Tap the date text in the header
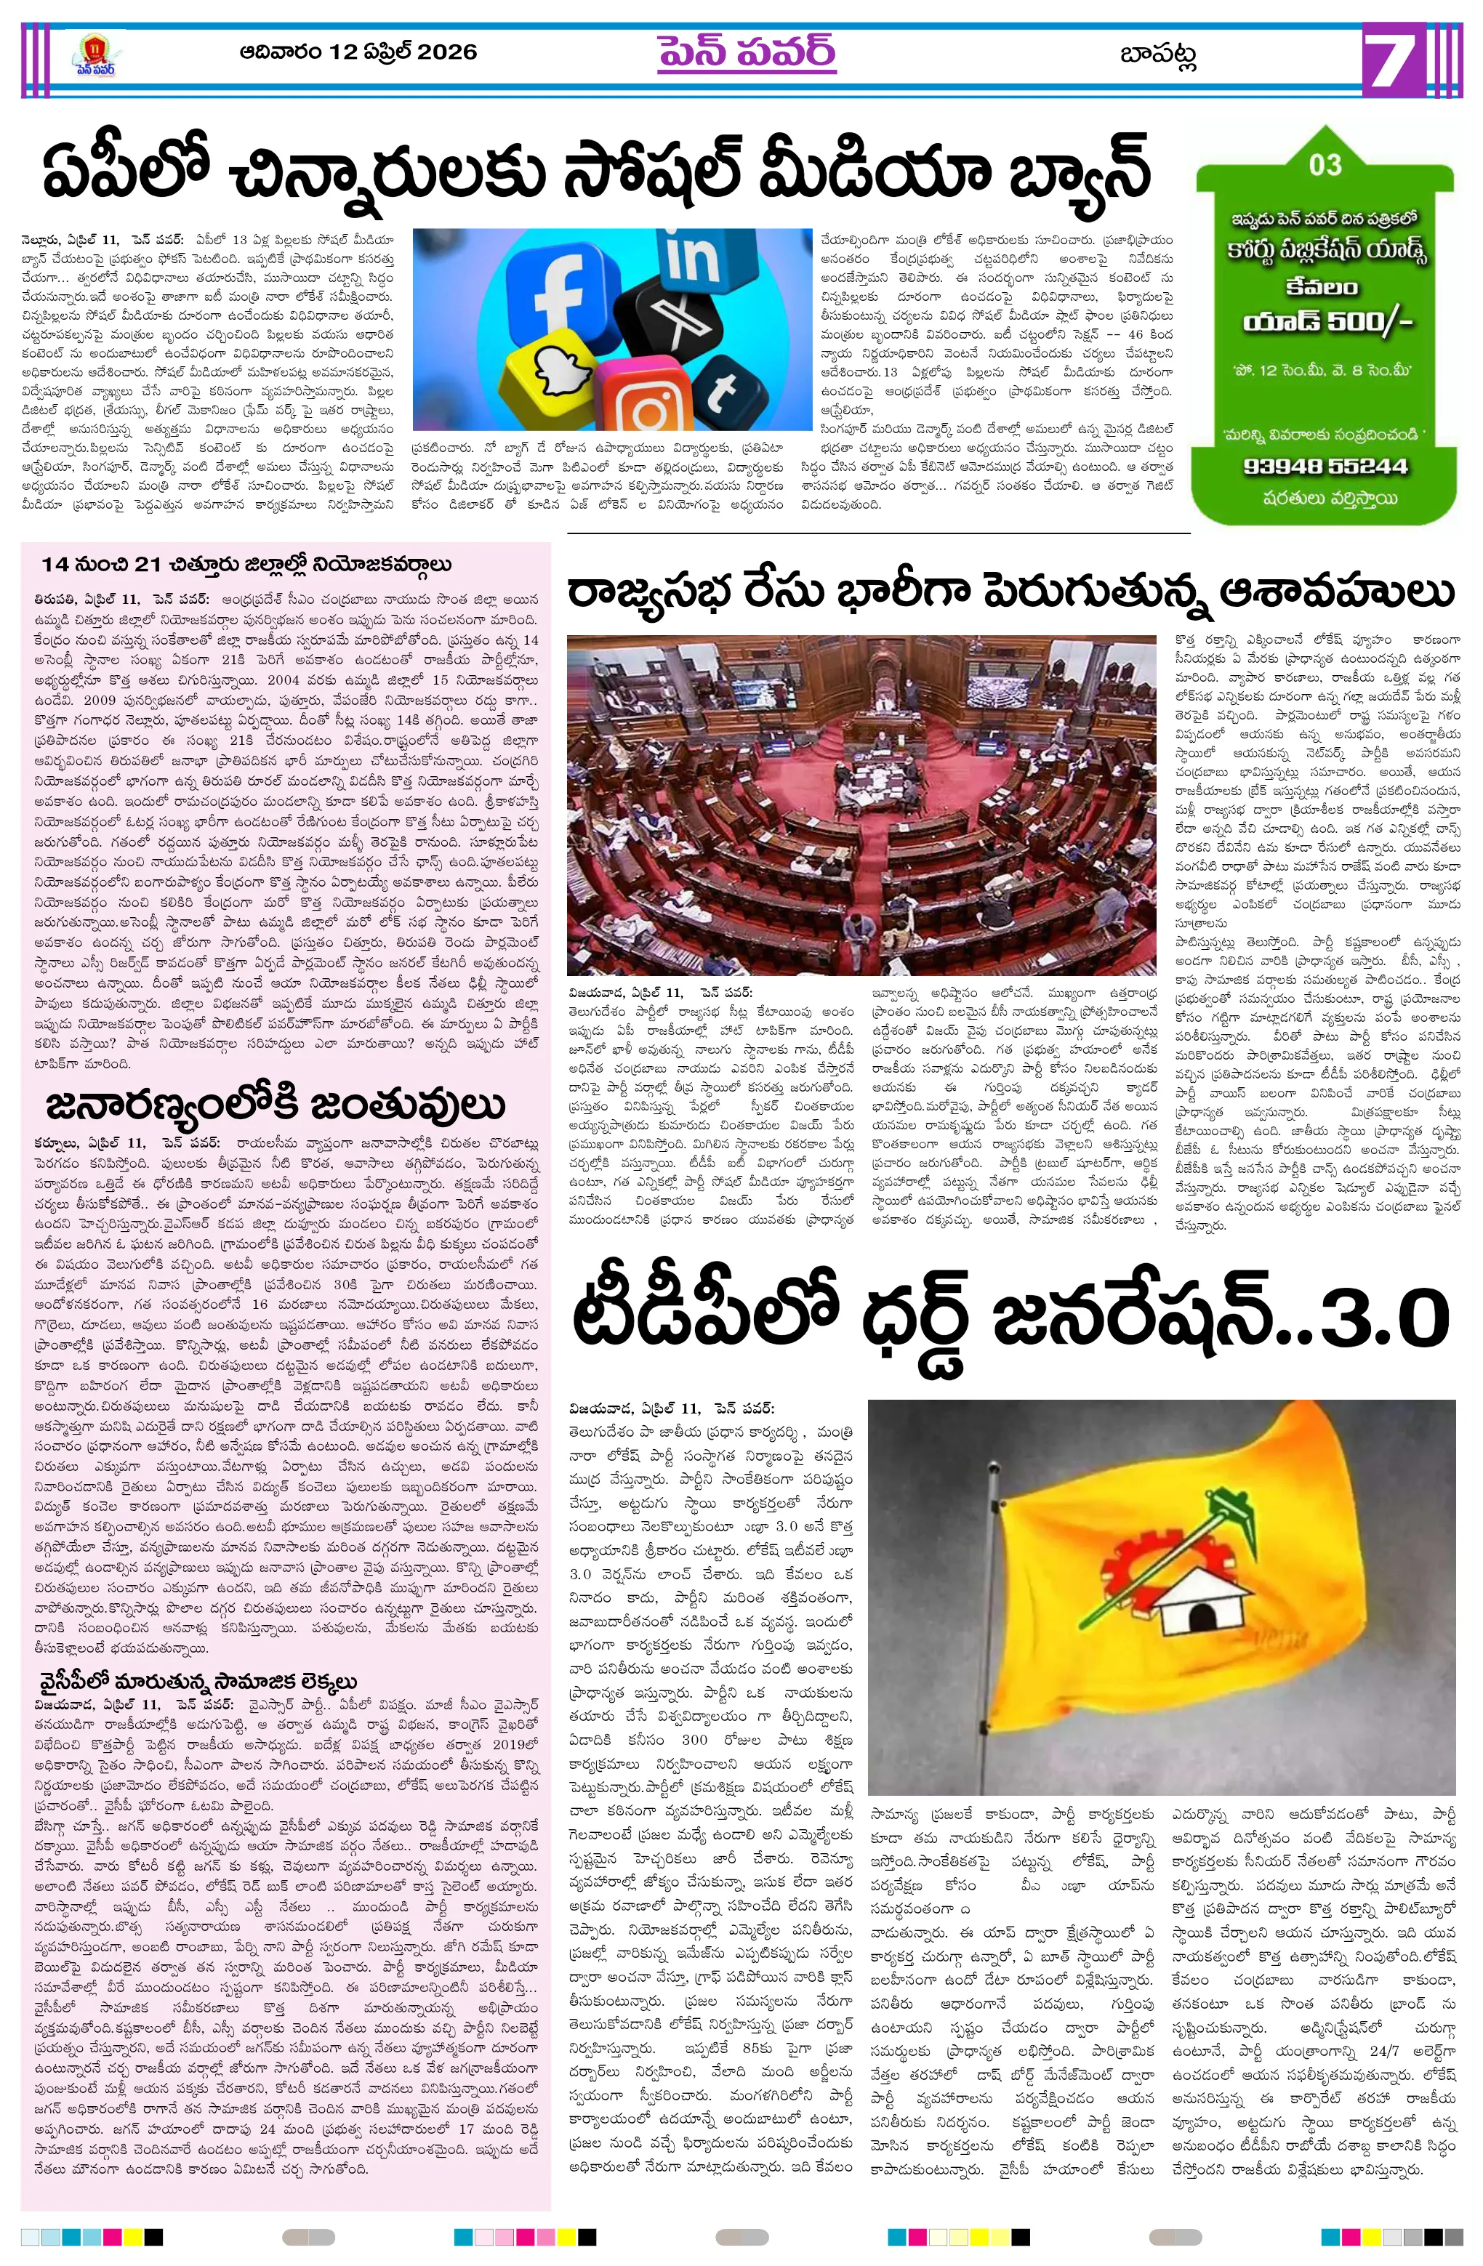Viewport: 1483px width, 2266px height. (358, 52)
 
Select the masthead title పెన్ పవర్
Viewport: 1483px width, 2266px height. (747, 53)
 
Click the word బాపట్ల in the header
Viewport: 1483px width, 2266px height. (1157, 55)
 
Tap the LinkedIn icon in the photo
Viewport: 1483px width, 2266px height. (693, 258)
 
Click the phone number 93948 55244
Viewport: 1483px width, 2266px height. (1325, 467)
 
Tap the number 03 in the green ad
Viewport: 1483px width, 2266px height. (1325, 166)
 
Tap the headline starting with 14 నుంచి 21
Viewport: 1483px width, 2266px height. (246, 565)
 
